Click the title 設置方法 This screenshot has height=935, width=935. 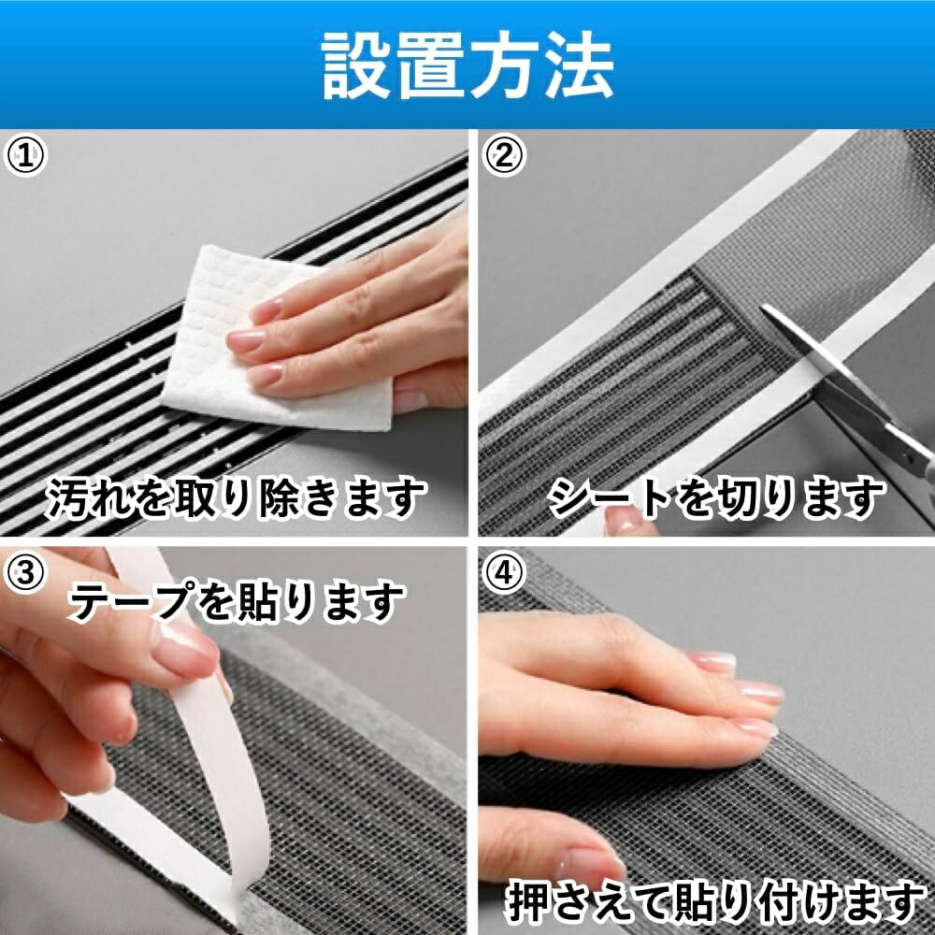click(467, 65)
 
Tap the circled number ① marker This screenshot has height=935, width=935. click(25, 155)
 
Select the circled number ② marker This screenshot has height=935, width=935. click(504, 155)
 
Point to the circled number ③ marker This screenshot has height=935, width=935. click(25, 572)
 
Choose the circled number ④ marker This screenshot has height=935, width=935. click(504, 572)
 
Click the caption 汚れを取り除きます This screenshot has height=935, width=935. click(237, 498)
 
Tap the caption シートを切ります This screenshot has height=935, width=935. click(715, 498)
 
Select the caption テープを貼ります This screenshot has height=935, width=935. click(237, 602)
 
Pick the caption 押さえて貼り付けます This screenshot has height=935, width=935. click(715, 902)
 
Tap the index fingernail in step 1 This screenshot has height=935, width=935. click(266, 310)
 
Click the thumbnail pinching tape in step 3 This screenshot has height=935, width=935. click(183, 650)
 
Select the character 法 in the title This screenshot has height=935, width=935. click(580, 65)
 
